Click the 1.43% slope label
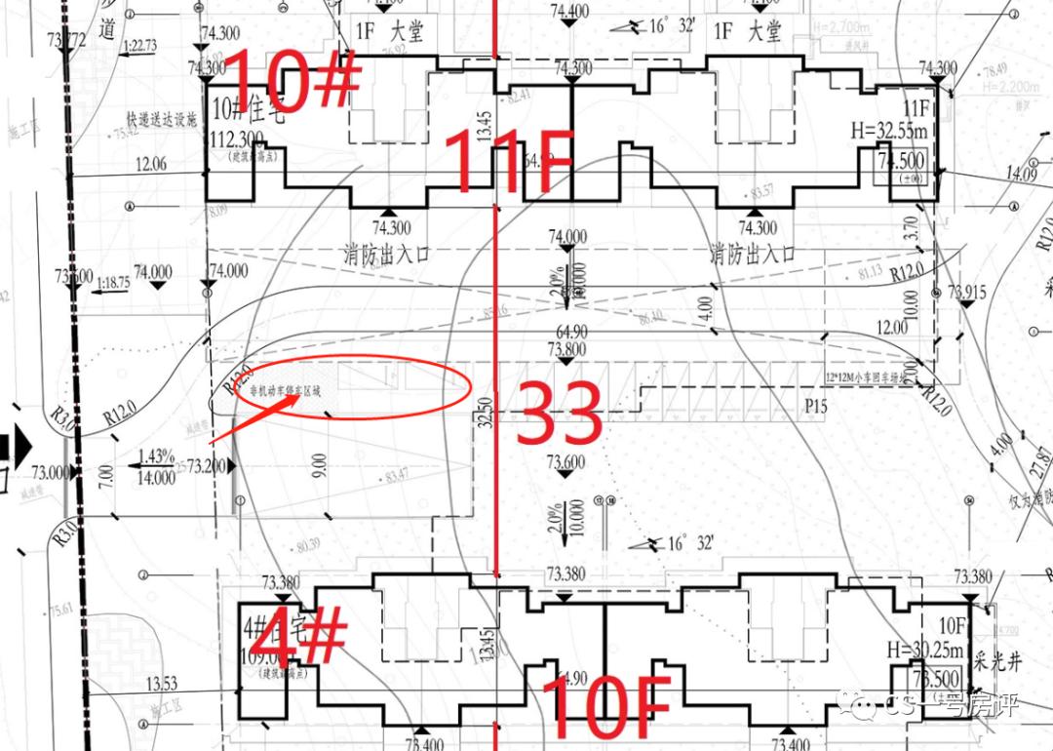click(x=156, y=456)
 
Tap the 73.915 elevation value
click(x=966, y=292)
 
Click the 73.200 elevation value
click(x=206, y=467)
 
